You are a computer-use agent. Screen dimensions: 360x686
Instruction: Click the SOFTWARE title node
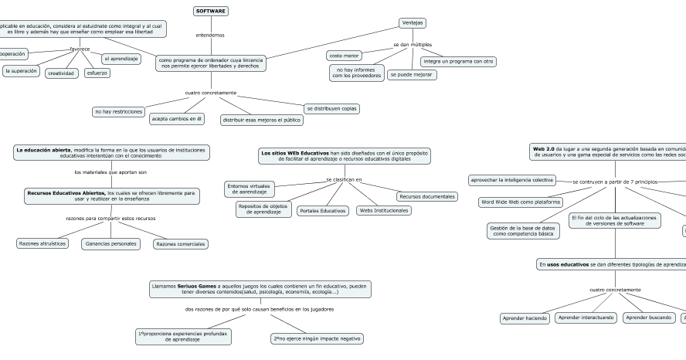point(211,12)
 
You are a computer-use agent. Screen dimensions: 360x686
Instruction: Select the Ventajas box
point(413,22)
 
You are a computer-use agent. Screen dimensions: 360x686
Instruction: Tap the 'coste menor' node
point(344,56)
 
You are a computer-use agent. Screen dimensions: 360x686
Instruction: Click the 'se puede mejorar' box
point(412,75)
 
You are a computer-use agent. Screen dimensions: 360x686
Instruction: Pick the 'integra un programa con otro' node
point(459,61)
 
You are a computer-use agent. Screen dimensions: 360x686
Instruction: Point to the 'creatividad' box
point(61,73)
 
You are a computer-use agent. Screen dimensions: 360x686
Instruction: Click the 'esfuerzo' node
point(97,73)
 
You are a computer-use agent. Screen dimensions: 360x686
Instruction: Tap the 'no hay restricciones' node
point(118,112)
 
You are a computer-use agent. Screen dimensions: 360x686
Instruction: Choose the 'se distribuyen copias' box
point(331,108)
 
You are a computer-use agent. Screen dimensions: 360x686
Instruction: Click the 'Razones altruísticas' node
point(42,243)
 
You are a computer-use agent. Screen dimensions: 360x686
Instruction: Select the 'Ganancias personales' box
point(110,243)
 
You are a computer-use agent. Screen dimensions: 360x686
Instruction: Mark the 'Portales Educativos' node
point(323,210)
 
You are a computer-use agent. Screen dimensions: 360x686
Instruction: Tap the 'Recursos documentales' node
point(427,196)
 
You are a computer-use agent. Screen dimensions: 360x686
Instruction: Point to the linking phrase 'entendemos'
point(211,35)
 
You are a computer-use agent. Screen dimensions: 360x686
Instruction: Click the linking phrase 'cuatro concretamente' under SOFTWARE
point(211,93)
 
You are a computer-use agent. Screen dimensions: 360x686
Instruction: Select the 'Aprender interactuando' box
point(586,317)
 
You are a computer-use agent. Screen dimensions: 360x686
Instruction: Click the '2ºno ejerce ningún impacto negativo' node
point(317,338)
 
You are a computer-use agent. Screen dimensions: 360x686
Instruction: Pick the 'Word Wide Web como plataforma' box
point(521,202)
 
